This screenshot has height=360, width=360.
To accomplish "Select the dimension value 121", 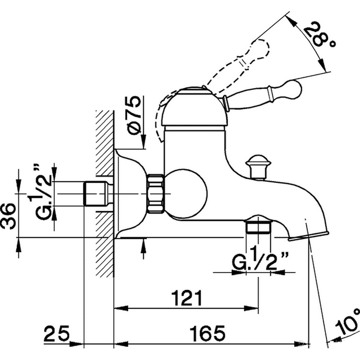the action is tap(187, 298).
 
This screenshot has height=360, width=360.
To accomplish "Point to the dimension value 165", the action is tap(207, 333).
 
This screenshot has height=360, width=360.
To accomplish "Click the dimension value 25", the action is tap(57, 333).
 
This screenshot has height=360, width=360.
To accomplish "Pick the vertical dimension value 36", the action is tap(9, 216).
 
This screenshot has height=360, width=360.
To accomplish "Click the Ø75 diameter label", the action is tap(134, 115).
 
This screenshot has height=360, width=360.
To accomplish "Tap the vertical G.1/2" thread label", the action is tap(41, 192).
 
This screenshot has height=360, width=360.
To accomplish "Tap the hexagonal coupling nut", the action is tap(155, 194).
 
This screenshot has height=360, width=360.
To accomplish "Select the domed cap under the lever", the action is tap(195, 107).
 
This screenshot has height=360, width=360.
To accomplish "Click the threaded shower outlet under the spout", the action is tap(258, 227).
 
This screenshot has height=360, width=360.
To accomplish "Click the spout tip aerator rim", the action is tap(308, 237).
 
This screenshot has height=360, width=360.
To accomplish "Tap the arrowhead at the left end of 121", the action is tap(121, 308).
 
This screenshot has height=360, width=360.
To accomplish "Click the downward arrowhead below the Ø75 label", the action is tap(143, 142).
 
